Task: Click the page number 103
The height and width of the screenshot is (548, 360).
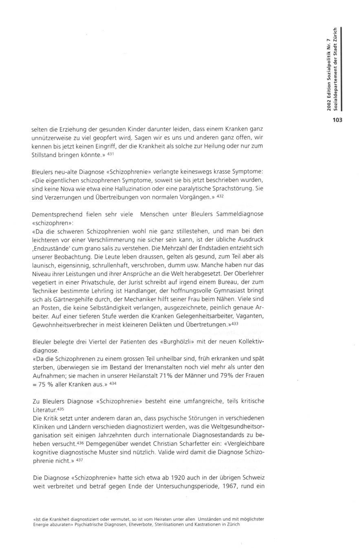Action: [x=336, y=120]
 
